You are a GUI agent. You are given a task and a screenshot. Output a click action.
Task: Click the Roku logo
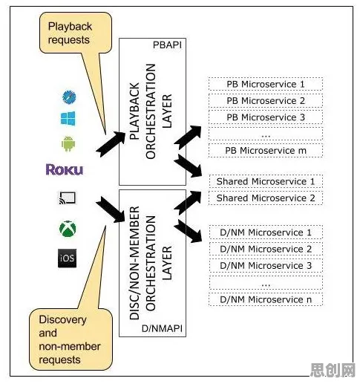(65, 169)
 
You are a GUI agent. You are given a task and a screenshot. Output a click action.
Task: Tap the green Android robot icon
(68, 143)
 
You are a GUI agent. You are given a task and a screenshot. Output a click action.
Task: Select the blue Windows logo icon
(68, 118)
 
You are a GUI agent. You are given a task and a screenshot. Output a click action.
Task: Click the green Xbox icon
(68, 229)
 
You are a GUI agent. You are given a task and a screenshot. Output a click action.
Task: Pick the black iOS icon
(68, 258)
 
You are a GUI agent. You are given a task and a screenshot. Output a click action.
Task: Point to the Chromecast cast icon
(68, 198)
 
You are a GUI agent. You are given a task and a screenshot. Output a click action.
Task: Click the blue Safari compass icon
(69, 97)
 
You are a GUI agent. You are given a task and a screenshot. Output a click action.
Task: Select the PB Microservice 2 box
(266, 100)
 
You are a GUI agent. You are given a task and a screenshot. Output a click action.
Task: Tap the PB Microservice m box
(266, 150)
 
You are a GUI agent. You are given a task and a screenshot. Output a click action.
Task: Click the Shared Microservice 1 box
(266, 181)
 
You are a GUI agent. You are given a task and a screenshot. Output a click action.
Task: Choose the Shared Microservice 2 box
(266, 198)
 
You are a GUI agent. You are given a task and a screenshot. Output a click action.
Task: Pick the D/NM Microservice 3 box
(266, 265)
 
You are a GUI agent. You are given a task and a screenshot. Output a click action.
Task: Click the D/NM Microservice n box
(266, 299)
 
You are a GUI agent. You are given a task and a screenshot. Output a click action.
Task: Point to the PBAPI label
(168, 45)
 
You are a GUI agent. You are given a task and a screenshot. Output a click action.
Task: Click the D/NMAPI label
(162, 328)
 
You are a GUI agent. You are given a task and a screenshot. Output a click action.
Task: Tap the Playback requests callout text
(70, 33)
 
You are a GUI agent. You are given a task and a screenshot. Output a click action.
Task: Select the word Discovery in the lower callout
(63, 319)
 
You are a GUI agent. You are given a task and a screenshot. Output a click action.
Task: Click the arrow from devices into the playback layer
(111, 144)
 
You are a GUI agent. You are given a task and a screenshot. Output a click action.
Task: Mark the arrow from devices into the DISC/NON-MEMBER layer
(111, 209)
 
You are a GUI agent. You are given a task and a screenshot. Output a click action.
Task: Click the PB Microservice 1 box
(266, 84)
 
